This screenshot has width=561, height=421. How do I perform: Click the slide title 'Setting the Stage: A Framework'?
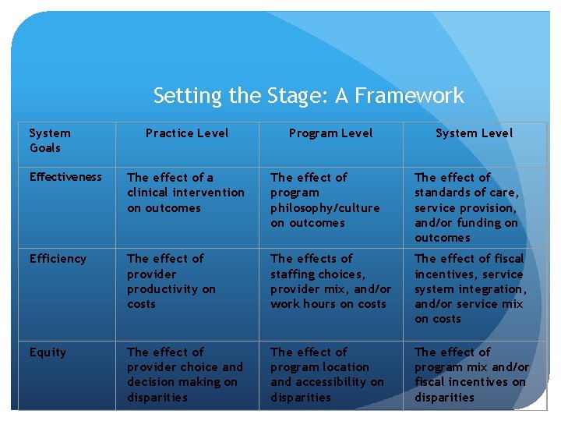(309, 96)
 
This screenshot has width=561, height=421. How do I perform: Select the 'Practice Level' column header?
(187, 133)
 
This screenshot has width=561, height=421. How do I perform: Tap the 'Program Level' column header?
(330, 133)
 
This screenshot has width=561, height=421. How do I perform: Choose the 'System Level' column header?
(474, 133)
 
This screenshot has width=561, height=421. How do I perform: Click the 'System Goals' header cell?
(50, 140)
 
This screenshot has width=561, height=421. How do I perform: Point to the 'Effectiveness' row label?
(65, 177)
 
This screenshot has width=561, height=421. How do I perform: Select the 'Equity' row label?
(48, 352)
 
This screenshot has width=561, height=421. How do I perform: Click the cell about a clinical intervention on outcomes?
(185, 193)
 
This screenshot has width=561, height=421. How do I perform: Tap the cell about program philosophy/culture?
(325, 200)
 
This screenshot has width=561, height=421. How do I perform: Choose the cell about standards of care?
(467, 207)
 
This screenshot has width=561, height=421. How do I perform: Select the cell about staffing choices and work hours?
(330, 281)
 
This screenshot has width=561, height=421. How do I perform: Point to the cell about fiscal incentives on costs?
(470, 288)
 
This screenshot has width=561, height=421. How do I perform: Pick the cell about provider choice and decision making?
(185, 374)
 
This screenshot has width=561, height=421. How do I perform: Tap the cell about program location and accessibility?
(327, 374)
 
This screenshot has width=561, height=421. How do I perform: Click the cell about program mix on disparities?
(471, 374)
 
